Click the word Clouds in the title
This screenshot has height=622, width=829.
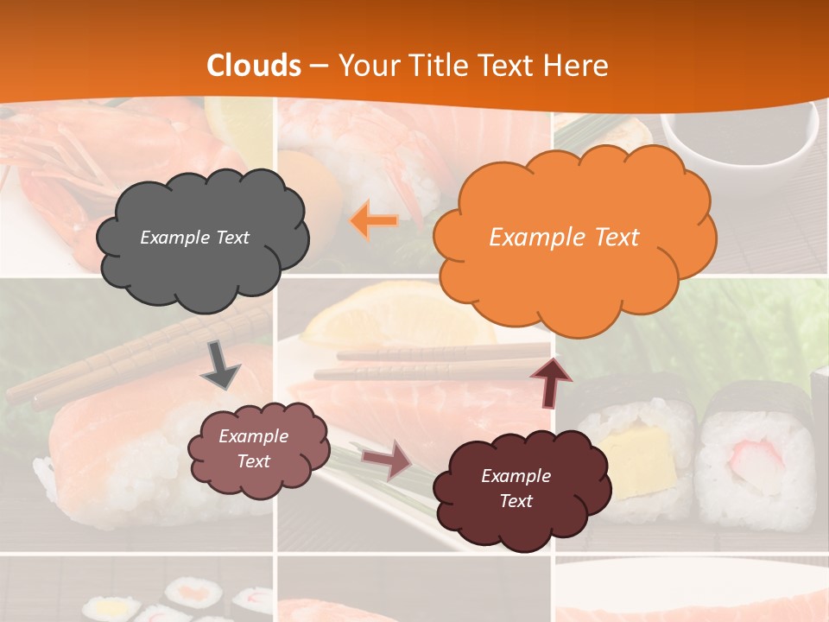pos(254,66)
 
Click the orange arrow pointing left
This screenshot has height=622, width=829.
pos(374,221)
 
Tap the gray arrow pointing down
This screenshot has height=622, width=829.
pos(221,364)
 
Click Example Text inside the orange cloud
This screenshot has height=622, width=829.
pos(564,237)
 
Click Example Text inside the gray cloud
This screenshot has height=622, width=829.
pos(194,237)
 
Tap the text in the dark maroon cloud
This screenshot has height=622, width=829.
pos(516,488)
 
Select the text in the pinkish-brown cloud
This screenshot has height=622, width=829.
pos(253,448)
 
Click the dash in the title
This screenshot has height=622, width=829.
pos(319,66)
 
